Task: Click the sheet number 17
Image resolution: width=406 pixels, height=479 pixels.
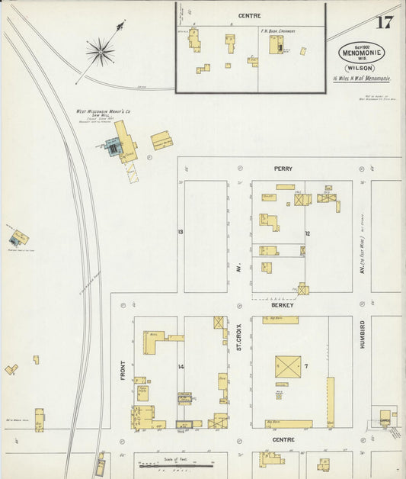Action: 384,21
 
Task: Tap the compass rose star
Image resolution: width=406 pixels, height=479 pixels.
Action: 100,53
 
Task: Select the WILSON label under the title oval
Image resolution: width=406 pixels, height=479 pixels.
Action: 362,67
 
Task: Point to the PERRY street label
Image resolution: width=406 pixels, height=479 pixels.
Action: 283,168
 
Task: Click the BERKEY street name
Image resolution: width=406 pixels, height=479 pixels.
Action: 283,304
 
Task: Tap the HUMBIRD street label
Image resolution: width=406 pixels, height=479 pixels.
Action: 363,334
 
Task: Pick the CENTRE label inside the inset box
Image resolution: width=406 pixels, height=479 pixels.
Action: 249,15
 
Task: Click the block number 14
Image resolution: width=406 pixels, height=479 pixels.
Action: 181,367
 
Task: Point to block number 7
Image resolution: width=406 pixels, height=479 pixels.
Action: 305,367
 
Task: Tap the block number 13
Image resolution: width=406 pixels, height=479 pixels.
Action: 181,230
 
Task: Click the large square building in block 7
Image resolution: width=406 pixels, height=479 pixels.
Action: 288,367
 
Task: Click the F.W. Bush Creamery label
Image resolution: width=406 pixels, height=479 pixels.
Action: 277,31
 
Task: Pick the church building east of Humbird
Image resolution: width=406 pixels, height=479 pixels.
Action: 385,417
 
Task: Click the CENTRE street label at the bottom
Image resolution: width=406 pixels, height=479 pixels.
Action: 283,440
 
